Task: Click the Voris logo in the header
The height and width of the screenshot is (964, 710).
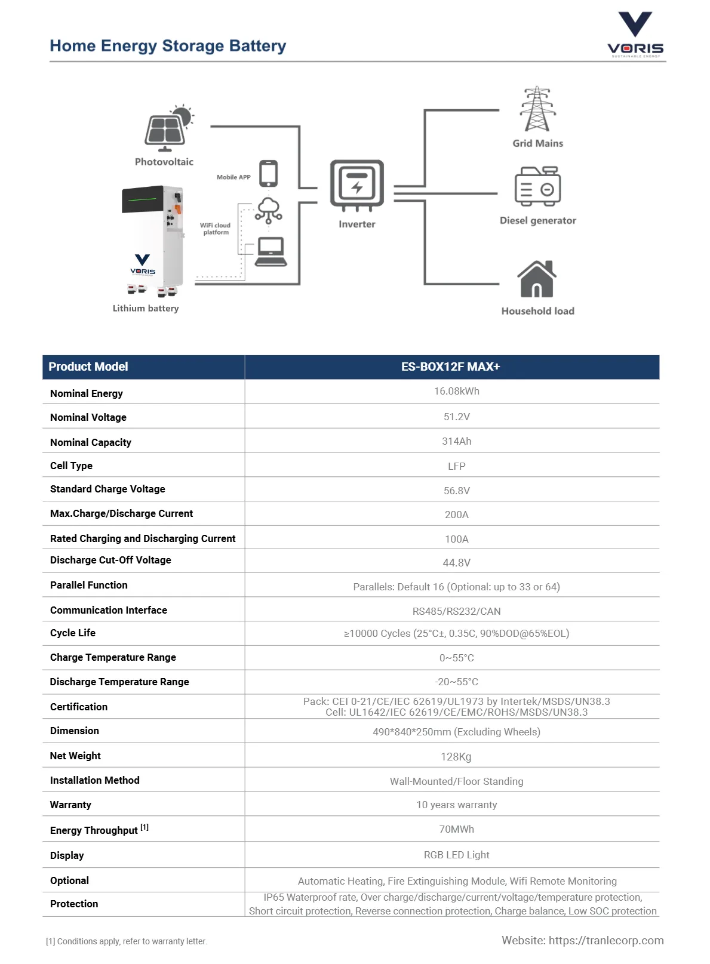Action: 635,34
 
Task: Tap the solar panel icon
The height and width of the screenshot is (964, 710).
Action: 165,131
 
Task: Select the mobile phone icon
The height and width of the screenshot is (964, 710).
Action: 268,174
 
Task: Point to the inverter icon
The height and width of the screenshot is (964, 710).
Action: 356,184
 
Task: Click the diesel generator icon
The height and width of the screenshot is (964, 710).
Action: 537,186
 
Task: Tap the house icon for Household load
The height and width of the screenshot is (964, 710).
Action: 537,279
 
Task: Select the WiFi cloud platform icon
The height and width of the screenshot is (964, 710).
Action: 268,211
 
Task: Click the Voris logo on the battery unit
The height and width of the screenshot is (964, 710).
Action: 143,264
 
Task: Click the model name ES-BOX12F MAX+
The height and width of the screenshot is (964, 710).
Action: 450,366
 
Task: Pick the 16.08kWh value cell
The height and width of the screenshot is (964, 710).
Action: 456,392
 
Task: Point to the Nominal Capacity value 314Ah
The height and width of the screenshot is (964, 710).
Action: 456,441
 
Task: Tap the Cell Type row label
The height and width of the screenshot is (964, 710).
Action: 71,466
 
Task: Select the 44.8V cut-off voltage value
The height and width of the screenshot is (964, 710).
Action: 456,562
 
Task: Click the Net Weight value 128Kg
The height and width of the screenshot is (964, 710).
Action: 456,757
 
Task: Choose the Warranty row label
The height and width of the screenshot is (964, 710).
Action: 70,805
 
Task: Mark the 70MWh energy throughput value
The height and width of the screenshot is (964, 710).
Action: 456,829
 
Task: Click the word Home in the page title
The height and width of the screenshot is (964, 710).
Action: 72,46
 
